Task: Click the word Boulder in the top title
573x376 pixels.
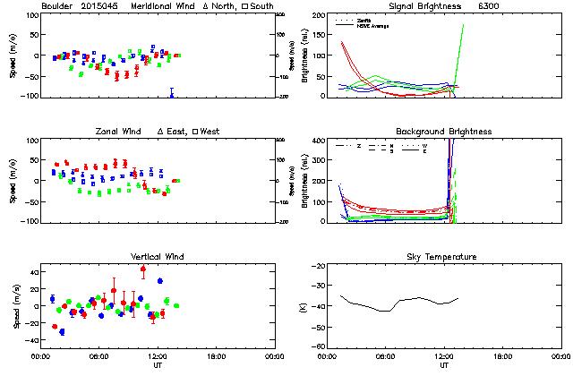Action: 59,7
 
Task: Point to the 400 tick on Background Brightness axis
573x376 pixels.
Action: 321,141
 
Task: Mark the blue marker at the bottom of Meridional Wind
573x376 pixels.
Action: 171,93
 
